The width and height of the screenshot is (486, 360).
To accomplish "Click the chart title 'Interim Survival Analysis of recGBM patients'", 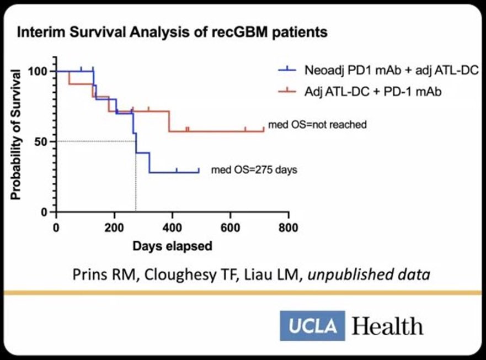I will click(173, 33).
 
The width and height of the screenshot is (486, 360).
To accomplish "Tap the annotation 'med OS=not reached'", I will click(317, 125).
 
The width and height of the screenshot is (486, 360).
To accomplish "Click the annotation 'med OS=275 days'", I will click(254, 170).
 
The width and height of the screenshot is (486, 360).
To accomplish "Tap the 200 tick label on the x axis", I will click(114, 227).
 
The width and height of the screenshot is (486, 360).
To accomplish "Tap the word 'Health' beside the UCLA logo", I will click(387, 325).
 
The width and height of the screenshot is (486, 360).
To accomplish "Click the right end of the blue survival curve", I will click(199, 172).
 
